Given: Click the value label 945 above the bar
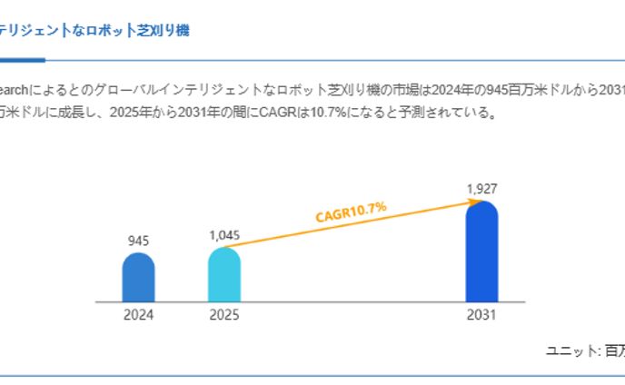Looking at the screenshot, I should pos(139,241).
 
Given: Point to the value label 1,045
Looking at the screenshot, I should pos(223,235).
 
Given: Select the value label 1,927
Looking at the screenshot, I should pos(481,189).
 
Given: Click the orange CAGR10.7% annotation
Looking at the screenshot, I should pos(351,212).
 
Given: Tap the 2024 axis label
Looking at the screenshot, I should pos(139,316).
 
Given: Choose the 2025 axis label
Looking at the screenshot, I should pos(223,316).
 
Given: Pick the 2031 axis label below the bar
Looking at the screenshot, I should pos(481,316).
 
